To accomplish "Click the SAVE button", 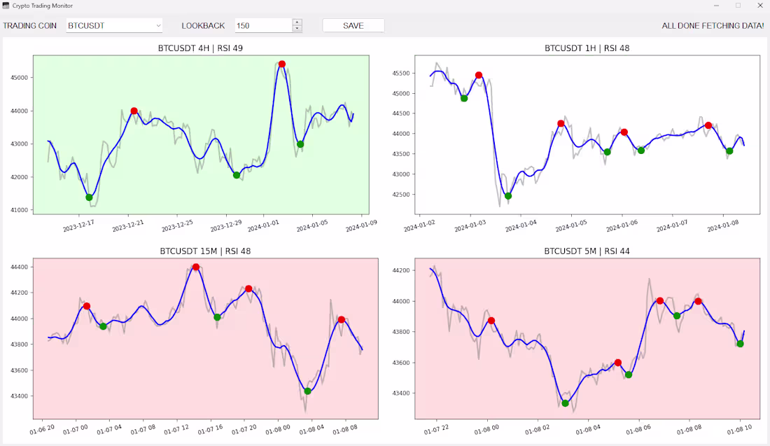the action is [353, 25].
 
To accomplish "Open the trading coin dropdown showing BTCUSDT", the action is [114, 25].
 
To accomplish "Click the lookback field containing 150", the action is [262, 25].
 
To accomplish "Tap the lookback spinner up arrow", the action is [297, 22].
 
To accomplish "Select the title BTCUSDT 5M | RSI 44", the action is [587, 251].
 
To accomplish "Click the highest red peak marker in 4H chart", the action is [281, 64].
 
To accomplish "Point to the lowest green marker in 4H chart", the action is [89, 197].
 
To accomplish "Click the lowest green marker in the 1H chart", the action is [508, 196].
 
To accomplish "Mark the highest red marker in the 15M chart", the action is [196, 267].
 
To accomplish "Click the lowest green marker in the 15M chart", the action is [307, 391].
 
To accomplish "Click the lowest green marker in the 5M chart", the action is [565, 403].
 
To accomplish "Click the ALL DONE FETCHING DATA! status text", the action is [713, 25].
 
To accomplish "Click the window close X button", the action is [759, 6].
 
